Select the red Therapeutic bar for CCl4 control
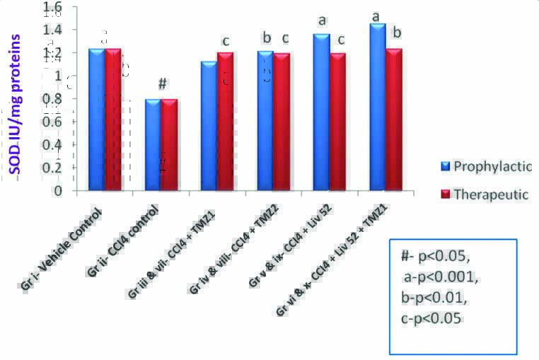point(168,144)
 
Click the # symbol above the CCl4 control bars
point(161,84)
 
